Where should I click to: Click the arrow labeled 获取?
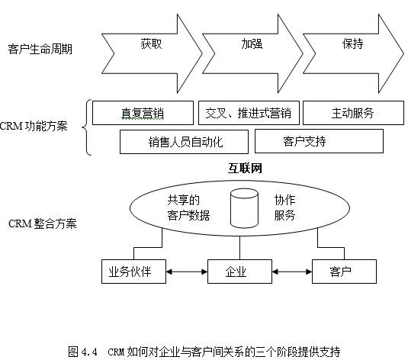(152, 53)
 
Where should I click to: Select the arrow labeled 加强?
(252, 53)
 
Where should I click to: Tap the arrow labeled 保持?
(353, 53)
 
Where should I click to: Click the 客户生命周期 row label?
(40, 49)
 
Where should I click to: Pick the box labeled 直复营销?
(143, 113)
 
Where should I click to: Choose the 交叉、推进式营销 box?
(249, 113)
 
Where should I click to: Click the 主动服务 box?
(353, 113)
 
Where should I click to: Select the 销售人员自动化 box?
(184, 142)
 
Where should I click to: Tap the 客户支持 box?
(319, 141)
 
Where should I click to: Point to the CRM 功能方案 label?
(34, 126)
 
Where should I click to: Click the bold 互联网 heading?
(245, 168)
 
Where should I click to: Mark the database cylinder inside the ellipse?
(244, 208)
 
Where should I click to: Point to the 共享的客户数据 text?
(188, 207)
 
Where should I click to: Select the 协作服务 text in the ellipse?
(284, 207)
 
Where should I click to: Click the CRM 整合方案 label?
(43, 223)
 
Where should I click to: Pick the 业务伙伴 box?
(133, 272)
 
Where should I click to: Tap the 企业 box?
(239, 272)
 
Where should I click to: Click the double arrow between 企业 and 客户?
(292, 272)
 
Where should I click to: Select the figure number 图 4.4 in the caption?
(82, 352)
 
